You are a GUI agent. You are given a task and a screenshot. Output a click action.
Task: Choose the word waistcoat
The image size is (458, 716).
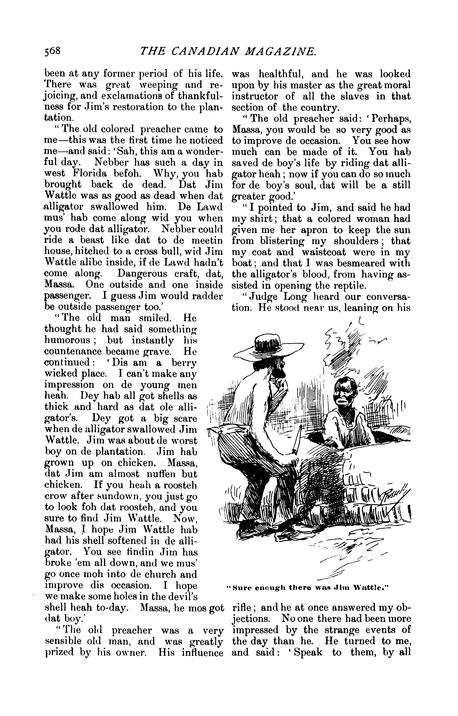pyautogui.click(x=324, y=252)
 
